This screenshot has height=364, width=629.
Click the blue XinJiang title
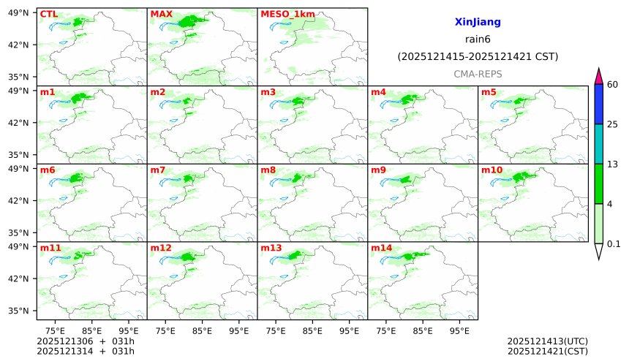pyautogui.click(x=478, y=23)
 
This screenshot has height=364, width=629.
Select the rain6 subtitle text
pyautogui.click(x=478, y=39)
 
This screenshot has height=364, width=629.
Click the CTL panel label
pyautogui.click(x=48, y=14)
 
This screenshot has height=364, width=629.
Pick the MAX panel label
pyautogui.click(x=161, y=14)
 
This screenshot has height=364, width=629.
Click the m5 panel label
pyautogui.click(x=489, y=92)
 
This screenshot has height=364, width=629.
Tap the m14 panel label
pyautogui.click(x=381, y=249)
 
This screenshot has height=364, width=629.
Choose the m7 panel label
pyautogui.click(x=158, y=170)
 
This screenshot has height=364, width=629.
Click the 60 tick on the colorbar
pyautogui.click(x=613, y=85)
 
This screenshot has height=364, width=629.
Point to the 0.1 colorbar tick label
pyautogui.click(x=614, y=244)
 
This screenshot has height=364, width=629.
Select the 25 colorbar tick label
pyautogui.click(x=613, y=124)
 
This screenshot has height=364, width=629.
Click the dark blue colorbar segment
pyautogui.click(x=598, y=104)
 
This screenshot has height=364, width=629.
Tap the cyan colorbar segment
pyautogui.click(x=598, y=143)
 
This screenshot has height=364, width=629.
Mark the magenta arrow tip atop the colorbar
pyautogui.click(x=598, y=75)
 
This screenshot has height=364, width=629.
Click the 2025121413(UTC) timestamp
pyautogui.click(x=547, y=341)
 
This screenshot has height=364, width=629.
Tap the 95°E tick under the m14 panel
pyautogui.click(x=459, y=330)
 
